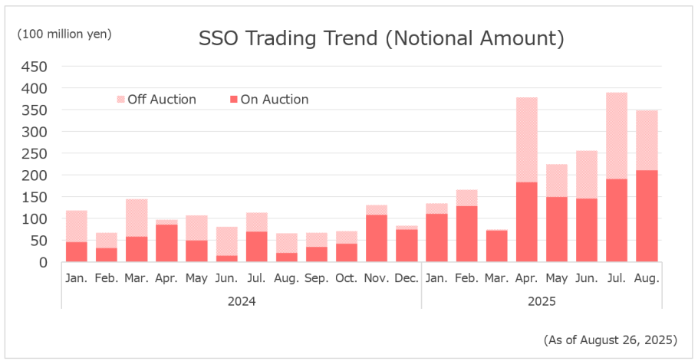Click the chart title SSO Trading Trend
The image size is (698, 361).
click(x=381, y=39)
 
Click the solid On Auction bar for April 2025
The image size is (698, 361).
click(x=526, y=222)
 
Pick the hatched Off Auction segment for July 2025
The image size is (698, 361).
click(x=616, y=136)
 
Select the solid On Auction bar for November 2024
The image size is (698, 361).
click(x=377, y=238)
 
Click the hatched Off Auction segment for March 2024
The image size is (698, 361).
click(x=137, y=218)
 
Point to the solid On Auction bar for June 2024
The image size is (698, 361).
click(x=226, y=259)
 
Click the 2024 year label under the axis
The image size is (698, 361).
click(x=242, y=301)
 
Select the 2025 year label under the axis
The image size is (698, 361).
click(x=542, y=301)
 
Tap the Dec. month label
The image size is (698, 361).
click(x=407, y=278)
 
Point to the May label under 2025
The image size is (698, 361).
click(x=556, y=278)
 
